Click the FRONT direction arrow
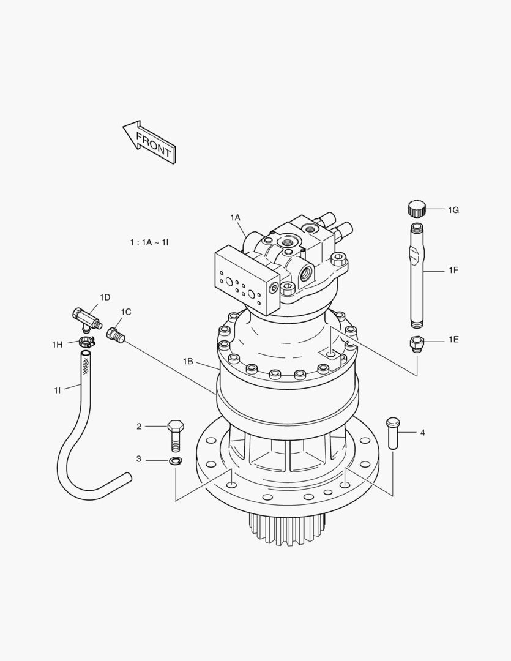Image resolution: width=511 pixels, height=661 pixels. (x=150, y=141)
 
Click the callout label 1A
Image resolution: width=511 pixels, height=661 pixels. (x=235, y=217)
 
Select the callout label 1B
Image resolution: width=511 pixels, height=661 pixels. (x=188, y=362)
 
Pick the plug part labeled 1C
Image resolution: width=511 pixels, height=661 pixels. (x=114, y=335)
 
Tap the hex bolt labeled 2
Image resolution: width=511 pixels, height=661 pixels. (x=175, y=434)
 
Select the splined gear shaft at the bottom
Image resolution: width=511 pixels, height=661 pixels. (x=286, y=528)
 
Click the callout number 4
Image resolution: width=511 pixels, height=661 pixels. (x=422, y=433)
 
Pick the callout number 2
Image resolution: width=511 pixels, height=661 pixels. (x=139, y=427)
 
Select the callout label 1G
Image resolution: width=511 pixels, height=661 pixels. (x=453, y=210)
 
